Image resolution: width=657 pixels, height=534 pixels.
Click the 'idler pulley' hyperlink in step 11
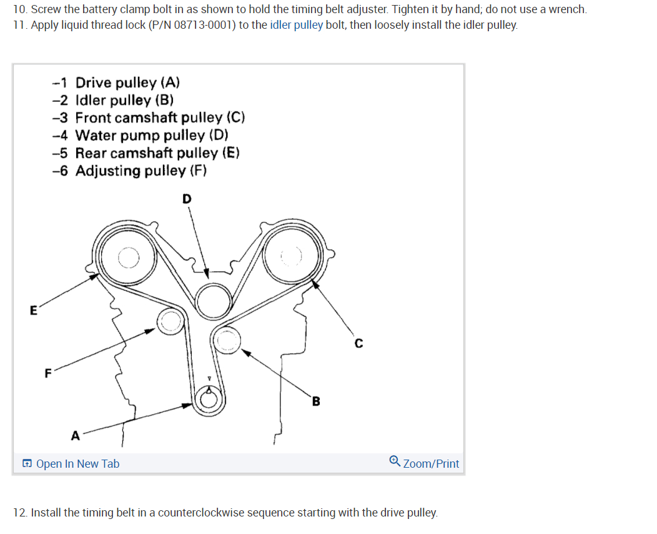tap(296, 26)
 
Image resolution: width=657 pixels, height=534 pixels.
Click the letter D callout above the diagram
tap(187, 199)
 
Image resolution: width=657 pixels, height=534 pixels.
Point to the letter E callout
tap(33, 309)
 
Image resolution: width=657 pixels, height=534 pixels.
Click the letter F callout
tap(47, 374)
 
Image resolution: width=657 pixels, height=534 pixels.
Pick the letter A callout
tap(75, 436)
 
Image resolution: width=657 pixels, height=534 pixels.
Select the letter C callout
tap(358, 343)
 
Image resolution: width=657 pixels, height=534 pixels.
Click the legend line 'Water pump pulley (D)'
tap(152, 135)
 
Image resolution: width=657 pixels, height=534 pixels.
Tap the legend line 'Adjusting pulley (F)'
tap(141, 171)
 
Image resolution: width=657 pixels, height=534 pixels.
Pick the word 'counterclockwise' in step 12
tap(201, 513)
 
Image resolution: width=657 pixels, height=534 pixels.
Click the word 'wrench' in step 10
tap(566, 9)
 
